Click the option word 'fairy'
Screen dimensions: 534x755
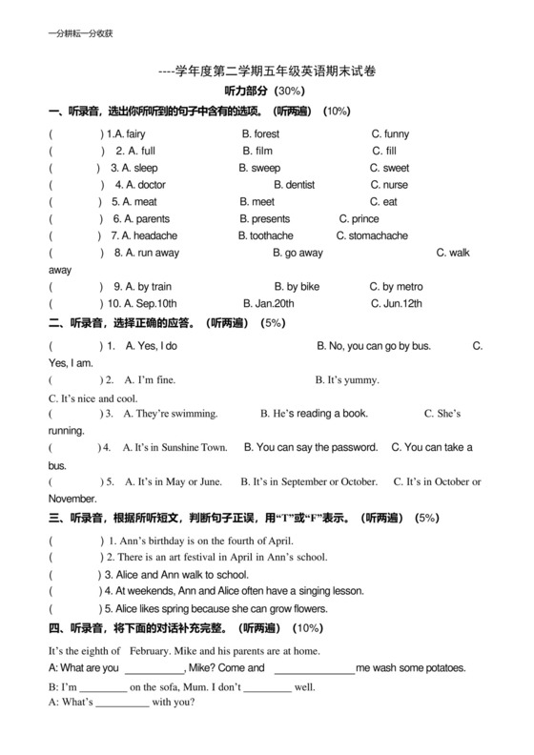click(135, 134)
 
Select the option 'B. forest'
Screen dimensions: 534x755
click(260, 134)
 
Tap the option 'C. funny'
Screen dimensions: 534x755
click(390, 134)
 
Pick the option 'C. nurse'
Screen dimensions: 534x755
click(389, 185)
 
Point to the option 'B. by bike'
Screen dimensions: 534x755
click(297, 286)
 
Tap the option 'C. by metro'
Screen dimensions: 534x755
click(396, 286)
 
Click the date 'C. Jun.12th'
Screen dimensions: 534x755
click(396, 303)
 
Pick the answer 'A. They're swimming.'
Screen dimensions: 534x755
click(172, 414)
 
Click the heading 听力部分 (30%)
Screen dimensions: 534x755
click(263, 92)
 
